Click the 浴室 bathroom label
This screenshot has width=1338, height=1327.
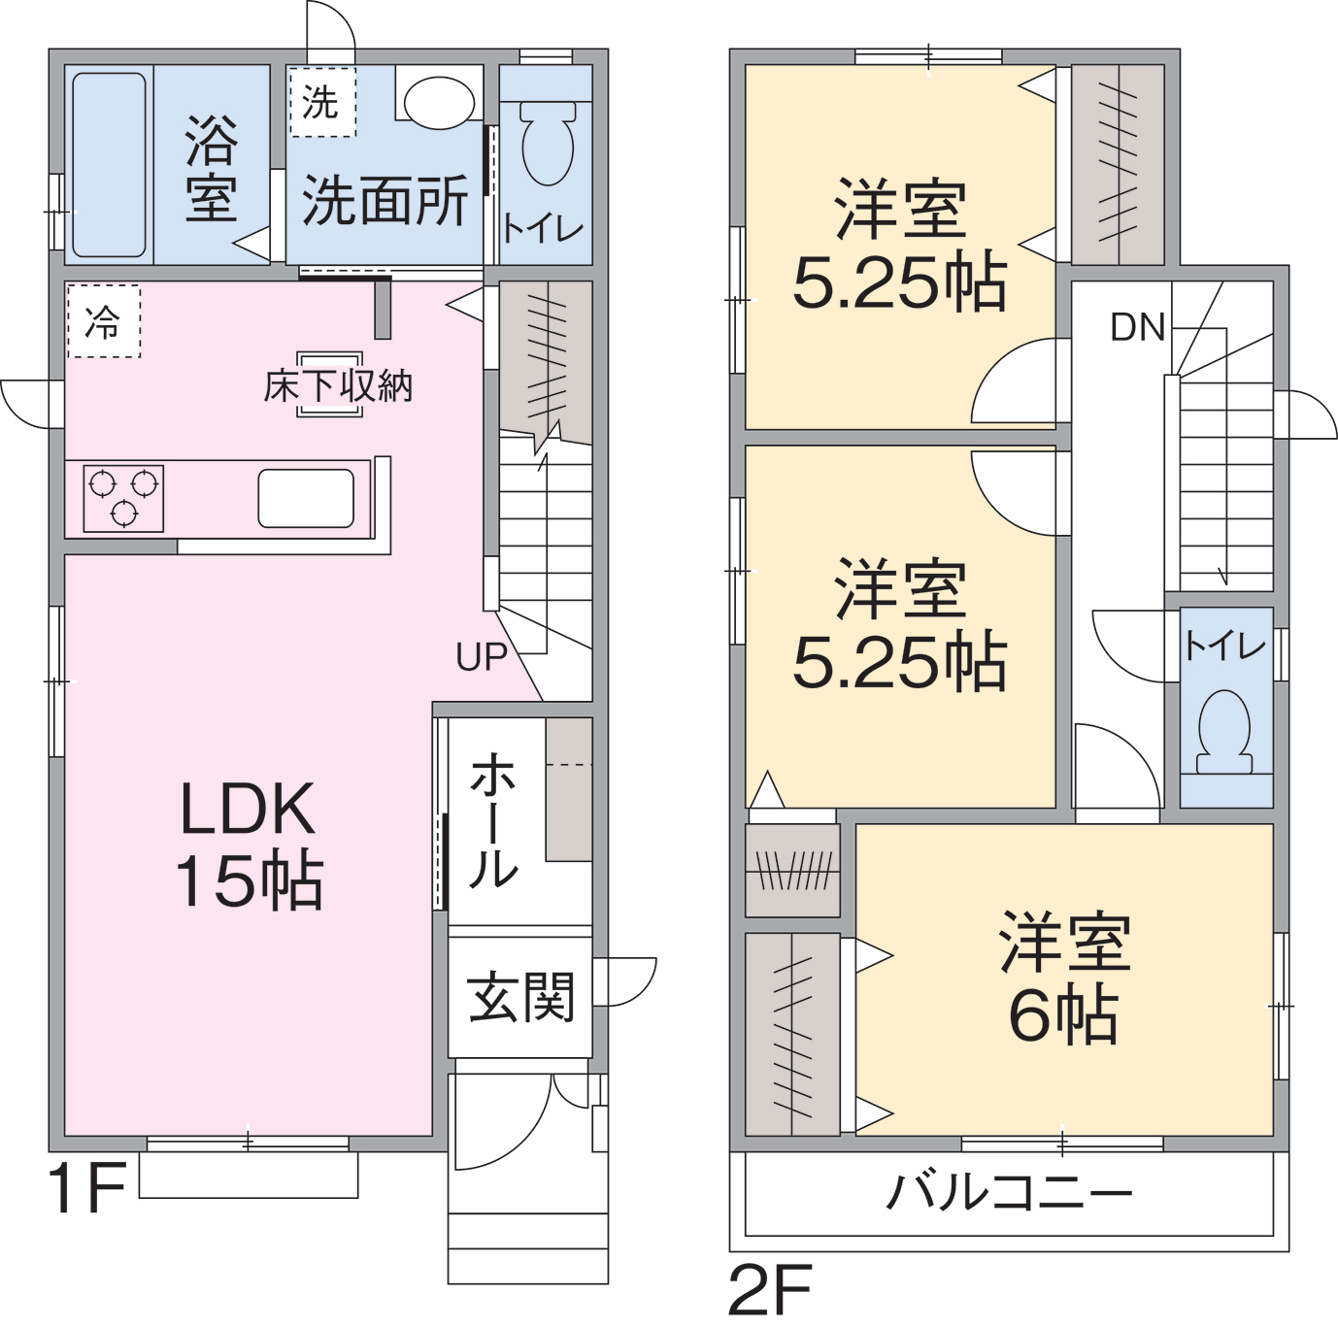212,169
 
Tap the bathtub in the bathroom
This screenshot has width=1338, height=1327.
109,165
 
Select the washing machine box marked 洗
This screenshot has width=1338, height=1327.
323,102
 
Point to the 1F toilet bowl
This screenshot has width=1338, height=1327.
547,144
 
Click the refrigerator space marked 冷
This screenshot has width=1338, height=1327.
104,320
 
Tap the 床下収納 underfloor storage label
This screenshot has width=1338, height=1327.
338,386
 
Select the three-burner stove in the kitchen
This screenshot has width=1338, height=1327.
123,499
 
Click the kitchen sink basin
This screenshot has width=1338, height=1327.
306,498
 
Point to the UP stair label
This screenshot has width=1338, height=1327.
482,656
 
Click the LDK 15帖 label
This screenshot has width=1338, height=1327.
249,845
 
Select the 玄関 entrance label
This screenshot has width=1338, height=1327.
521,998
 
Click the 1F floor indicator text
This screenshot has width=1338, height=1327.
86,1188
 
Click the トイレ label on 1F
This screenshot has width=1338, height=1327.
543,229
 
